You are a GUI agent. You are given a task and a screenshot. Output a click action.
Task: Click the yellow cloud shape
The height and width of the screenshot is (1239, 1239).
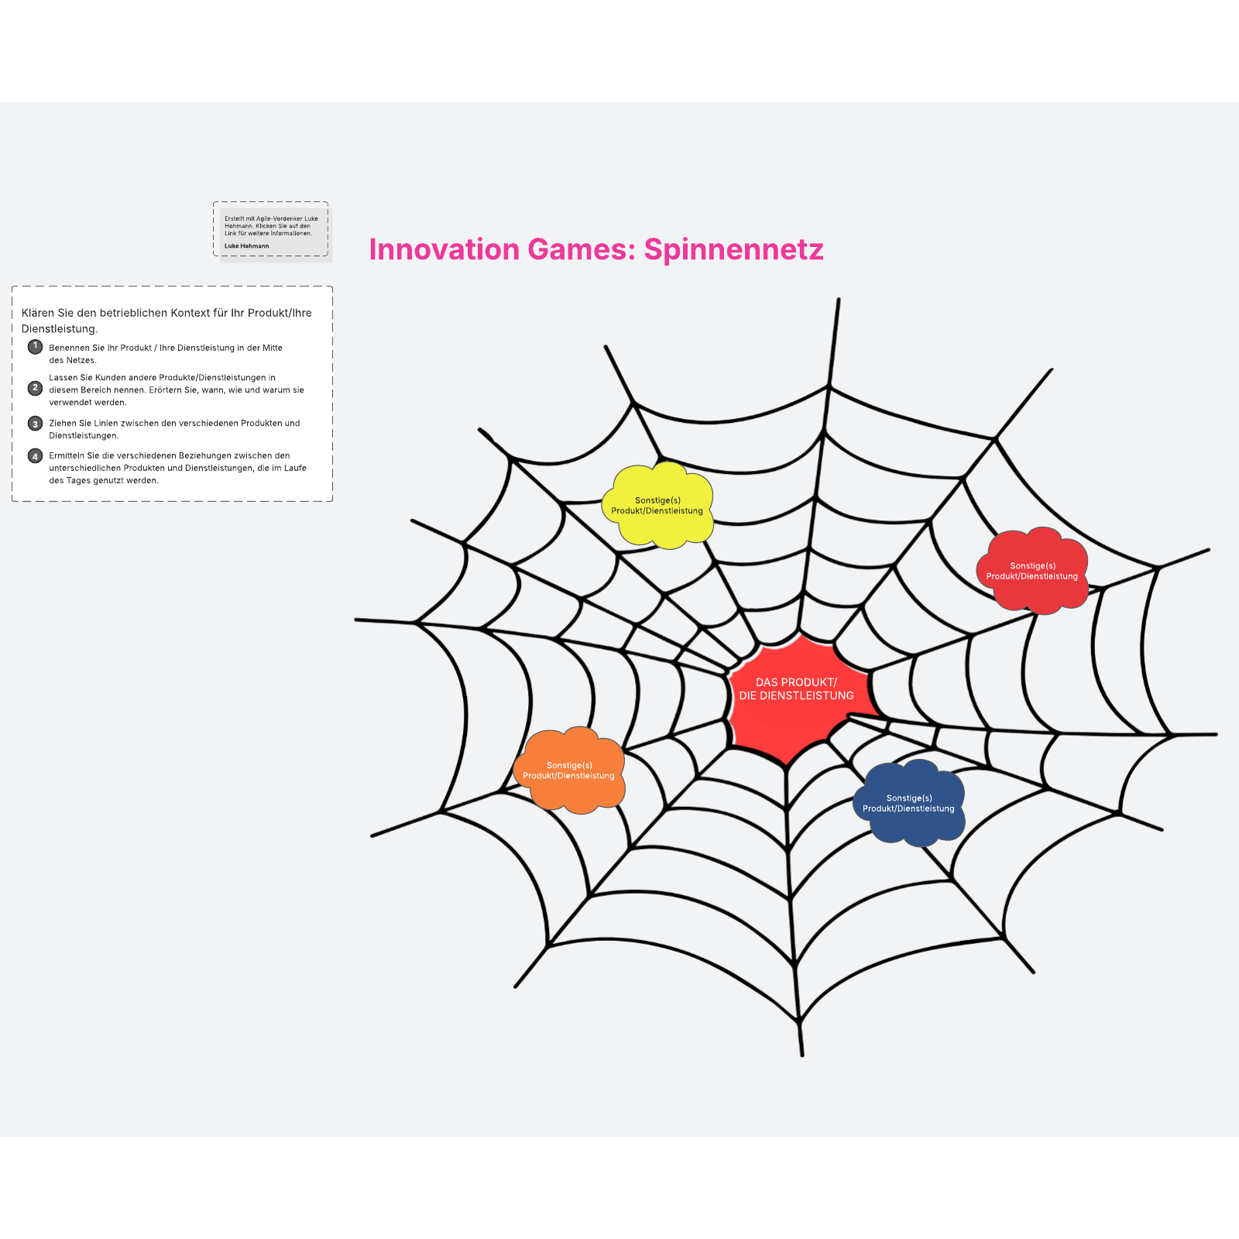pos(657,506)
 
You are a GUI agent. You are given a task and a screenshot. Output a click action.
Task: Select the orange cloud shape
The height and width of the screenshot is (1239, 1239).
pos(569,771)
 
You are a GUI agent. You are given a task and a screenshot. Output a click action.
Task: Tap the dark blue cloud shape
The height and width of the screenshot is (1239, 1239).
pos(909,803)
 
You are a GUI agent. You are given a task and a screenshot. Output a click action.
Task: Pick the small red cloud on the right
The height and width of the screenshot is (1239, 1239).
pos(1032,571)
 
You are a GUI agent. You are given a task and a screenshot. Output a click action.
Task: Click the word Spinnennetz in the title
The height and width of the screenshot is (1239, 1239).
pos(733,249)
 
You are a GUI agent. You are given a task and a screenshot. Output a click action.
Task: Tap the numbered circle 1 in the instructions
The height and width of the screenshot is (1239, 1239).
pos(35,346)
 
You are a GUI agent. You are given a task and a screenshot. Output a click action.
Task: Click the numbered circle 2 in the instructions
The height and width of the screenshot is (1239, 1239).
pos(35,388)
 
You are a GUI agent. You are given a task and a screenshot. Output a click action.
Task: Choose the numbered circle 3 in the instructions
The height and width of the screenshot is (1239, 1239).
pos(35,424)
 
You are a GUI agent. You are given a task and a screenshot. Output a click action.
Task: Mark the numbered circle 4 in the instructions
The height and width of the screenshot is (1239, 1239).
pos(35,456)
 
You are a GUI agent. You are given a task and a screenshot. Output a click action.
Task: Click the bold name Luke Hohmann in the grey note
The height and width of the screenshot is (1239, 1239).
pos(247,246)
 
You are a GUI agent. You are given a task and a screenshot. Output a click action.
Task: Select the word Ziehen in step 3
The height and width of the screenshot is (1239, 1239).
pos(63,424)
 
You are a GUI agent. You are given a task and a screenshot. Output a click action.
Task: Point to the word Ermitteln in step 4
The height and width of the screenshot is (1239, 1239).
pos(67,455)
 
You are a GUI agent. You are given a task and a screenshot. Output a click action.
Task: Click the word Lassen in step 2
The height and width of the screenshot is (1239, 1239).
pos(63,378)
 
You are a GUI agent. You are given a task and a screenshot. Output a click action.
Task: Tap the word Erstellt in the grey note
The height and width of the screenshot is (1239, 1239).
pos(233,218)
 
